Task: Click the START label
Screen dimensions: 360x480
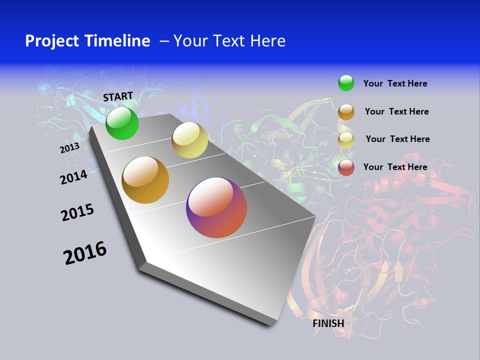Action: [118, 96]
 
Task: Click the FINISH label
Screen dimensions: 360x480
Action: [328, 323]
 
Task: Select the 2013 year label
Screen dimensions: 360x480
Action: [69, 148]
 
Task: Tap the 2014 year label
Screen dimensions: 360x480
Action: [73, 177]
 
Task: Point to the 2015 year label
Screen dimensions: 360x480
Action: [77, 212]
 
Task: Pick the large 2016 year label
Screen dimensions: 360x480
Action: [85, 253]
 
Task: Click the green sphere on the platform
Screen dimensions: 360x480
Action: [122, 123]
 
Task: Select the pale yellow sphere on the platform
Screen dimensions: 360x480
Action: [189, 140]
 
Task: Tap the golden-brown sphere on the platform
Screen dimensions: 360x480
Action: [145, 180]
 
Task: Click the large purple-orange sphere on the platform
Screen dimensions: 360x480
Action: [216, 207]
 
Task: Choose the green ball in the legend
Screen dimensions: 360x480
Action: [346, 83]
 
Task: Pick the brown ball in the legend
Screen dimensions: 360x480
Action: [346, 111]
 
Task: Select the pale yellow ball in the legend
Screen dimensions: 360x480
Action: [346, 139]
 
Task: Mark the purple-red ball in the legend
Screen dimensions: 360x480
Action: [346, 167]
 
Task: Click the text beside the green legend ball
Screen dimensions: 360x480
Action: [395, 83]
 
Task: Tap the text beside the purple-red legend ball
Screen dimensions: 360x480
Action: [395, 167]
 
